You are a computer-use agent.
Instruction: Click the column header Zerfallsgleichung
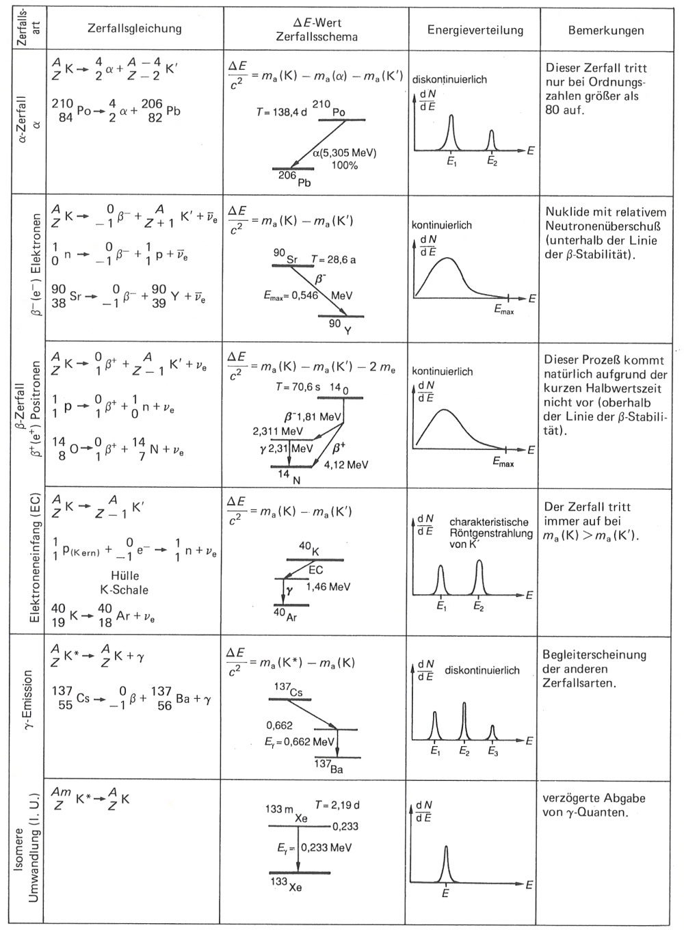tap(135, 29)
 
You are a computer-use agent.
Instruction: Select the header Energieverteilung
tap(475, 30)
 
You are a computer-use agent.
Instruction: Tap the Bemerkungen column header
tap(605, 30)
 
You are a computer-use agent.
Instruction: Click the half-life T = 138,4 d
tap(282, 111)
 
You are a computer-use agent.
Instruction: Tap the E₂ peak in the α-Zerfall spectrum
tap(491, 140)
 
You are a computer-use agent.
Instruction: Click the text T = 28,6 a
tap(333, 260)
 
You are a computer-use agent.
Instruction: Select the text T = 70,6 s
tap(298, 387)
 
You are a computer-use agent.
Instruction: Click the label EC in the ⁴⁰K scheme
tap(315, 570)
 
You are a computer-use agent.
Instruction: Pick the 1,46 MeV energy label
tap(328, 587)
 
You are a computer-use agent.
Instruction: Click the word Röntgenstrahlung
tap(490, 533)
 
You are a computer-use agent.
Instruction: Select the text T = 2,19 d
tap(337, 805)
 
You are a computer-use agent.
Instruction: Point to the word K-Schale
tap(120, 589)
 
